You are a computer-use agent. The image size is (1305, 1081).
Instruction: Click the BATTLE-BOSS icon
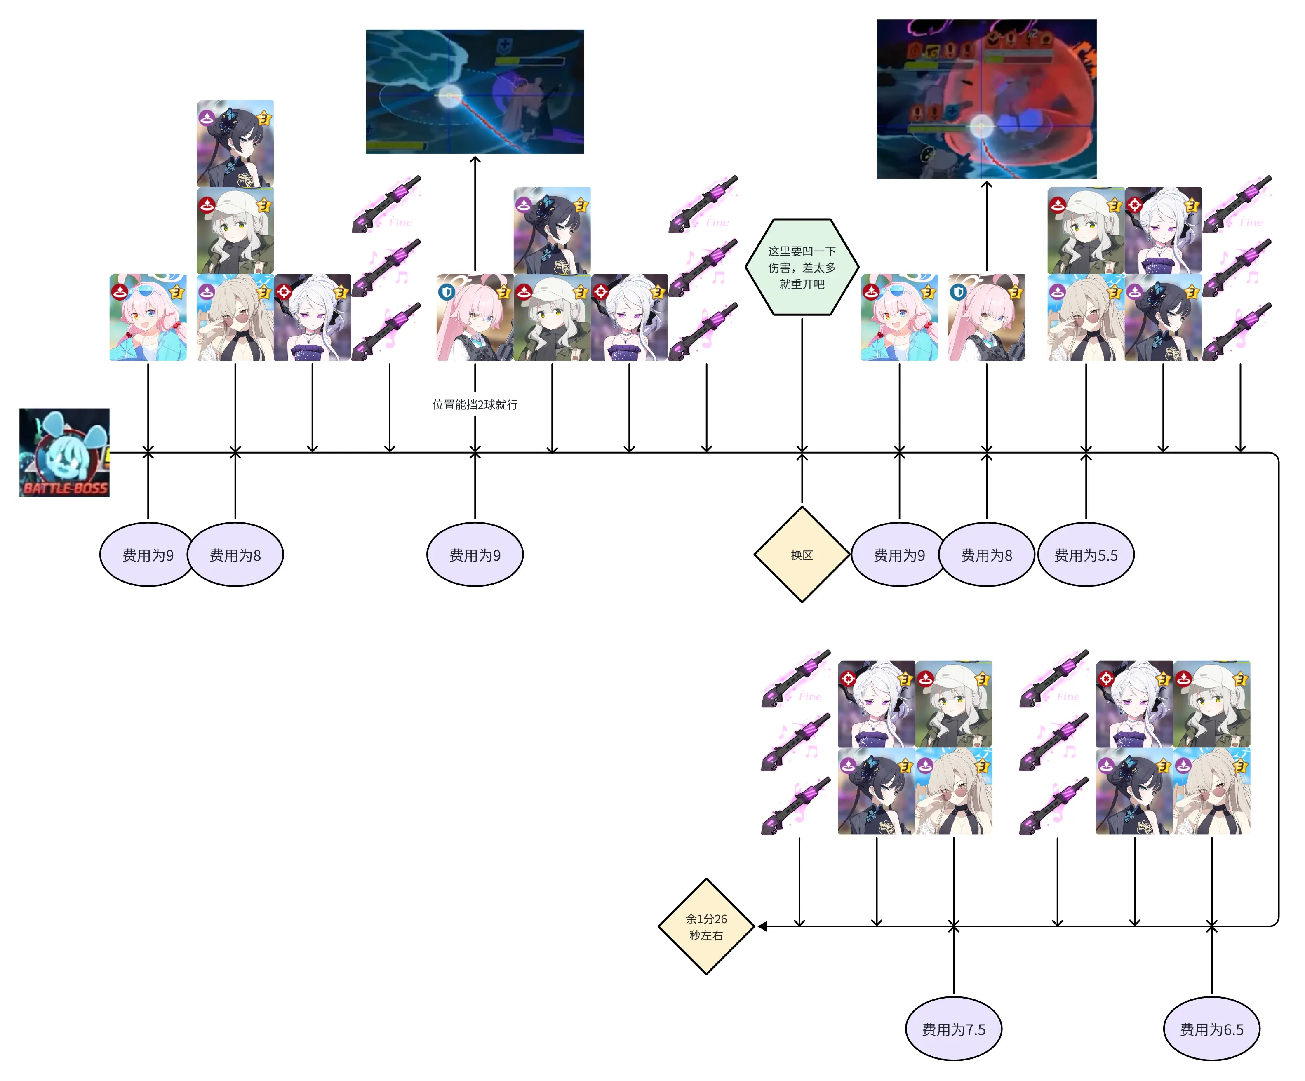[64, 452]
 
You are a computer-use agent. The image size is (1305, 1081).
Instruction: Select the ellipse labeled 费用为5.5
[1086, 555]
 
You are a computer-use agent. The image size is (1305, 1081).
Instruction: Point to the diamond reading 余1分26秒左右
[706, 926]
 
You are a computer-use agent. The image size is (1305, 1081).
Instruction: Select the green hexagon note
[802, 267]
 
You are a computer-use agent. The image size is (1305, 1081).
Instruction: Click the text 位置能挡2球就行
[475, 404]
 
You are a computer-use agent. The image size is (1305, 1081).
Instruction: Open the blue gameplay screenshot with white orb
[475, 92]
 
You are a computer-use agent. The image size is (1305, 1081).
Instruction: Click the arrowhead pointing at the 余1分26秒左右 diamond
[762, 926]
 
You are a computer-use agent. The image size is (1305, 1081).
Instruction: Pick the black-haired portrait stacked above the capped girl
[235, 143]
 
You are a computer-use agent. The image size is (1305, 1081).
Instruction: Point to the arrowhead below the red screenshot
[986, 185]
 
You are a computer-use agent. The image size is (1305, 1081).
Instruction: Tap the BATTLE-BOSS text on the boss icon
[65, 488]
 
